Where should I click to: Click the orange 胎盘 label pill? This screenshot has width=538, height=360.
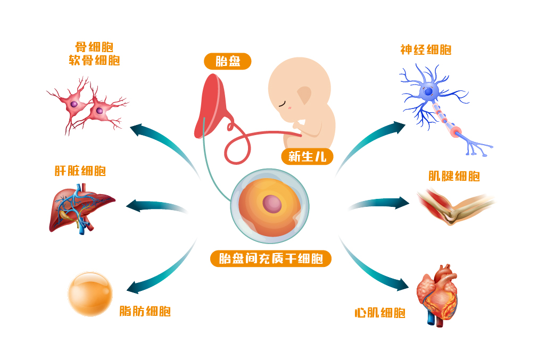tap(228, 61)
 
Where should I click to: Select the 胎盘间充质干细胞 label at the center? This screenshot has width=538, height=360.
tap(271, 259)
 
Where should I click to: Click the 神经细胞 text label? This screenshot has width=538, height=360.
tap(426, 50)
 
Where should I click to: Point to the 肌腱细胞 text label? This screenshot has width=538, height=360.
tap(454, 176)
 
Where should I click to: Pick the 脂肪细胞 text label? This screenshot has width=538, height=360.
tap(145, 311)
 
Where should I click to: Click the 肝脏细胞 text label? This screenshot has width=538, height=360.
tap(80, 171)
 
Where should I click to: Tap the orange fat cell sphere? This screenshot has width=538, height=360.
tap(90, 294)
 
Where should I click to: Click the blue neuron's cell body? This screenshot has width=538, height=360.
tap(428, 92)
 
